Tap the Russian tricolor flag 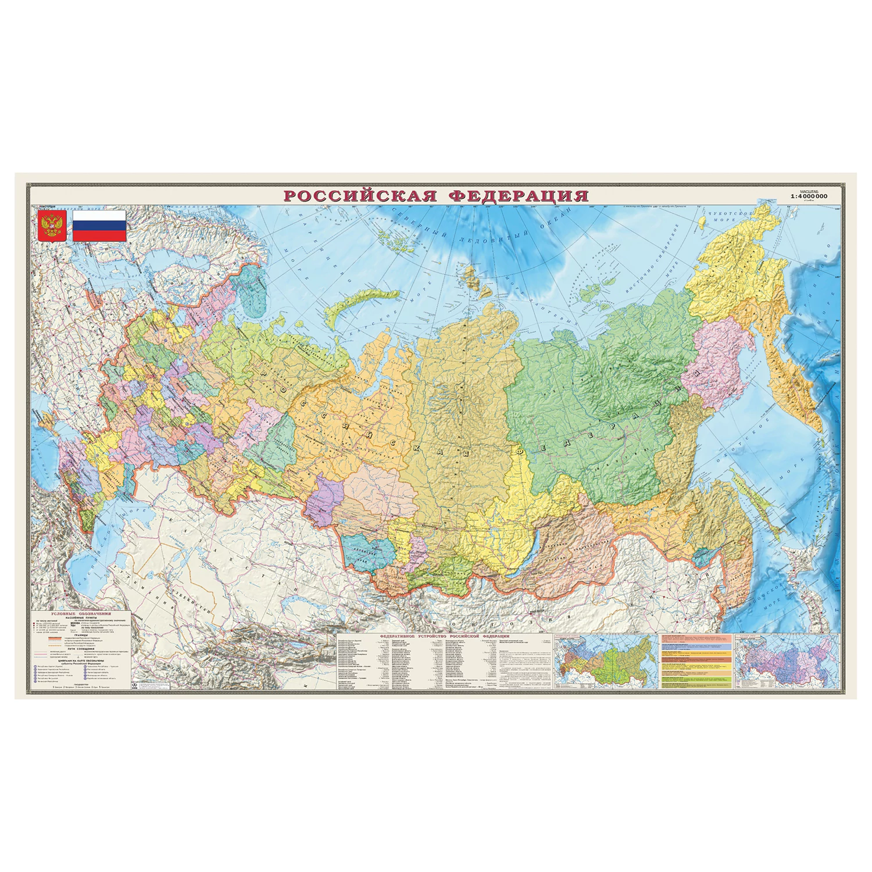coord(99,226)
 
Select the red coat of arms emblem coord(52,226)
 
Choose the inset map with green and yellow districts coord(605,663)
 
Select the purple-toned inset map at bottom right coord(786,663)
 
